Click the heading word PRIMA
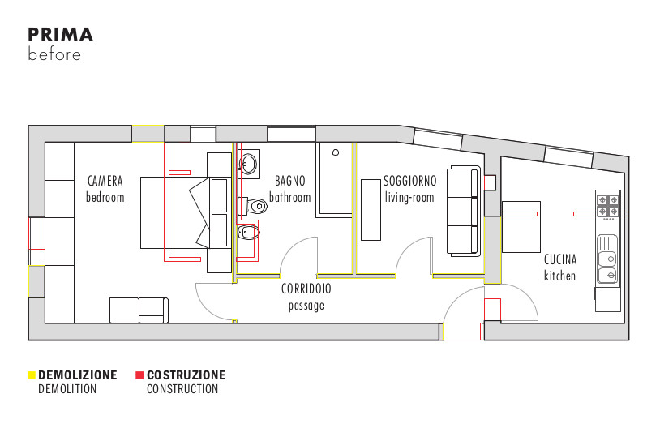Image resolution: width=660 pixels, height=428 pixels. coord(60,35)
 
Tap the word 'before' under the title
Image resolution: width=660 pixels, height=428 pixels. coord(54,54)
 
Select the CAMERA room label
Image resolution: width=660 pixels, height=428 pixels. coord(105,181)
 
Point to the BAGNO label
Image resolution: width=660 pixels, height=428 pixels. coord(290,181)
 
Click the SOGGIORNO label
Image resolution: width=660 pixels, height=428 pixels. coord(409,181)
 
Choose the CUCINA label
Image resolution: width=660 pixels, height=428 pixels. coord(560,259)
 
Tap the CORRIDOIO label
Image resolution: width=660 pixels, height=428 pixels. coord(306,289)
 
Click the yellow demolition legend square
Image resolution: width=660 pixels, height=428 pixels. coord(31,375)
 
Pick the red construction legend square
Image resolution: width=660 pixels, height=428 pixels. coord(139,375)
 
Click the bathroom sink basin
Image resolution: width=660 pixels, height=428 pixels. coord(248,164)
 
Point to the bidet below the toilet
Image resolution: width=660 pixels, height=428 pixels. coord(249,232)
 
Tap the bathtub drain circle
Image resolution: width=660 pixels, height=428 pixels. coord(336,152)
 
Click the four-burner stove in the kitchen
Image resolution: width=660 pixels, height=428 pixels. coord(608,205)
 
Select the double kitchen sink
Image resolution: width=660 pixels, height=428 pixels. coord(607,258)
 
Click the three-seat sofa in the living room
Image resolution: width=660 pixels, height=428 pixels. coord(464,211)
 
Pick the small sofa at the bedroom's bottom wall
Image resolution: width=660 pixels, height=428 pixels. coord(139,310)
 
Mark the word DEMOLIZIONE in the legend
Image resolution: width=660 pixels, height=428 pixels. coord(78,375)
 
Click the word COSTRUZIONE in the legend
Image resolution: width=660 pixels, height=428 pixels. coord(186,375)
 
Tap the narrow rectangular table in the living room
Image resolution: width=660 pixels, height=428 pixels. coord(371,210)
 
